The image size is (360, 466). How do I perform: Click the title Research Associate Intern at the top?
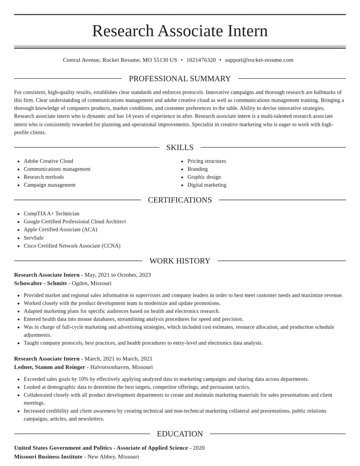[180, 31]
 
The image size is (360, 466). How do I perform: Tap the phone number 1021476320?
[201, 60]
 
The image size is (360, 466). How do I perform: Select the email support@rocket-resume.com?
[259, 60]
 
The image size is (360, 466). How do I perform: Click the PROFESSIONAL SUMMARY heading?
[180, 79]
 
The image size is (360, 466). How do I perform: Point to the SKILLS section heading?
[180, 148]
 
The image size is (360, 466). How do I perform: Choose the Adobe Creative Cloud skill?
[48, 161]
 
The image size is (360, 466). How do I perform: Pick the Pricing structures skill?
[207, 161]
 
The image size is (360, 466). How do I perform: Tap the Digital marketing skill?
[207, 185]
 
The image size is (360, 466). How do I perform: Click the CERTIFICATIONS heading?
[180, 200]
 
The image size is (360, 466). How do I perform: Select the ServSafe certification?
[34, 238]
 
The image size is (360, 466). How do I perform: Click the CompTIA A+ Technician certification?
[51, 214]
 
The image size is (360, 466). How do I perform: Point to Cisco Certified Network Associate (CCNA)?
[72, 246]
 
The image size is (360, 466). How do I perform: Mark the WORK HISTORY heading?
[180, 261]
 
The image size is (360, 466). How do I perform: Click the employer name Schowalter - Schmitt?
[40, 283]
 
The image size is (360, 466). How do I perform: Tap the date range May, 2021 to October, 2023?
[117, 275]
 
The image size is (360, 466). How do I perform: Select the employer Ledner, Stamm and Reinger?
[49, 367]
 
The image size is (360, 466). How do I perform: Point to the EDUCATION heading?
[180, 434]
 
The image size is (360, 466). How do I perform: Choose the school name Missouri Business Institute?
[48, 457]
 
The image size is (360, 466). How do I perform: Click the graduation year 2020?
[198, 448]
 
